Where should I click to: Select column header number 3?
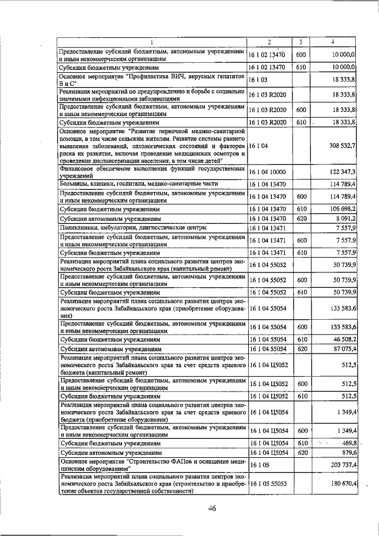click(x=301, y=42)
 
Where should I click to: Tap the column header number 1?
click(x=152, y=42)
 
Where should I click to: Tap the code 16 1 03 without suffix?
click(x=259, y=81)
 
